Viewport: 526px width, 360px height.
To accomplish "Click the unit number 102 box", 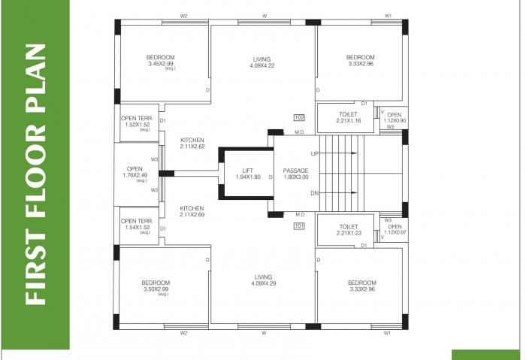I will coord(299,117).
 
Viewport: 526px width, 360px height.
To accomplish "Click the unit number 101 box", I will coord(299,225).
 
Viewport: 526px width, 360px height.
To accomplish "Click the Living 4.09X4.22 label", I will coord(261,62).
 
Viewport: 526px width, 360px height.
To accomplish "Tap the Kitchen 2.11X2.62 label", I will coord(192,144).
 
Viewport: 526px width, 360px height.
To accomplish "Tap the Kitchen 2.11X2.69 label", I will coord(192,211).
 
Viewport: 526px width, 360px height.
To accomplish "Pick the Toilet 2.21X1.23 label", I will coord(347,229).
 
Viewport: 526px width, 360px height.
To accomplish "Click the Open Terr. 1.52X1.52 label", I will coord(137,122).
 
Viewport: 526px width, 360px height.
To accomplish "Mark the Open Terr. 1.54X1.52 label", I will coord(137,224).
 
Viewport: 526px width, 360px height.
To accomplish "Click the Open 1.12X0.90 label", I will coord(394,117).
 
